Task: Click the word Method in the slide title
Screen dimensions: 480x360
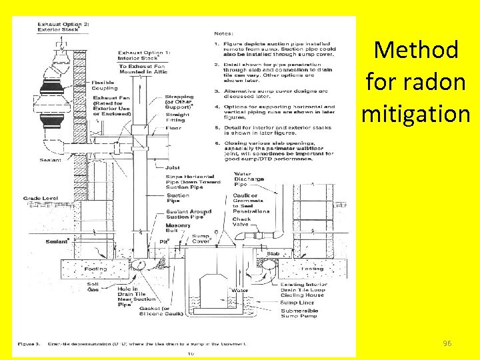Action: point(416,50)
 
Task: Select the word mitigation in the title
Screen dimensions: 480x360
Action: point(416,113)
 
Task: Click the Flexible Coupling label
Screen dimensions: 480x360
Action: point(103,85)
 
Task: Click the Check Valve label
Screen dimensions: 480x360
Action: point(241,222)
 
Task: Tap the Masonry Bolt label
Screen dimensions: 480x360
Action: point(178,228)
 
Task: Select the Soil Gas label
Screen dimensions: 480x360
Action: point(94,287)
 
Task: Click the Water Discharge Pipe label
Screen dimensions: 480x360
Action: point(249,179)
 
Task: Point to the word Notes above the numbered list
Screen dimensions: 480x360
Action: point(223,32)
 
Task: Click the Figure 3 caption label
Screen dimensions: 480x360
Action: point(29,344)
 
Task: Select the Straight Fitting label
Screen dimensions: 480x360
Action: point(177,117)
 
